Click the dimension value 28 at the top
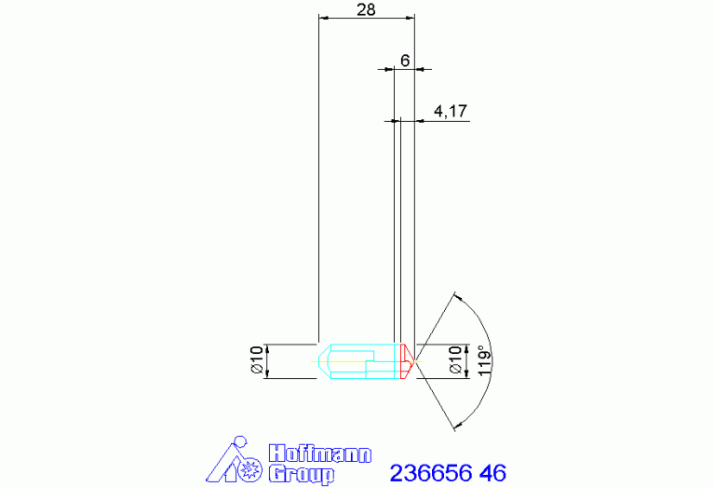click(366, 9)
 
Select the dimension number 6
click(405, 61)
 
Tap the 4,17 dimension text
click(451, 111)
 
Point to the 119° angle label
click(484, 360)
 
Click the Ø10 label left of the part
click(257, 360)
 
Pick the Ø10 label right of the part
click(455, 360)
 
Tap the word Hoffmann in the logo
click(319, 454)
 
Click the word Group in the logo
click(302, 474)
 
